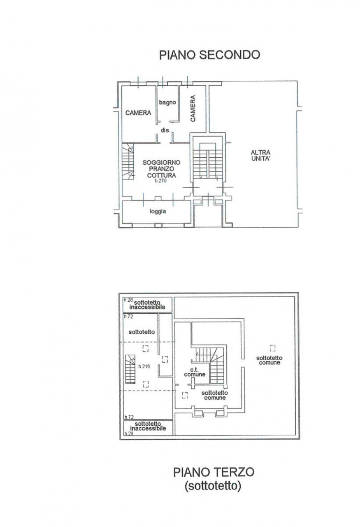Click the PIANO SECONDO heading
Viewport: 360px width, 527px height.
[209, 55]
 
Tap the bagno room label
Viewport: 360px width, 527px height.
[167, 103]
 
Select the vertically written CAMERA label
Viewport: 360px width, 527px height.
[193, 108]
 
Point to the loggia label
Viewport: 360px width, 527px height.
[158, 212]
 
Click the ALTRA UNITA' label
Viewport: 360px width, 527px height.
[260, 156]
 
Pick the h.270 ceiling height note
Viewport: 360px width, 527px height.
[160, 181]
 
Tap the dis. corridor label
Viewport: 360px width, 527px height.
[165, 130]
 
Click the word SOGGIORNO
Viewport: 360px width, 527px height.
[161, 162]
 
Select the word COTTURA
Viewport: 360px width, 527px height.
[161, 175]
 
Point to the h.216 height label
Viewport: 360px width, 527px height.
[144, 366]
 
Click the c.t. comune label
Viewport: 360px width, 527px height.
[195, 372]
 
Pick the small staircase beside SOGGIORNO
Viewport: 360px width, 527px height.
[128, 162]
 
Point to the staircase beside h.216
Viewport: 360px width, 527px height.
[130, 369]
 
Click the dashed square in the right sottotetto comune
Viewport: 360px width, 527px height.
[272, 348]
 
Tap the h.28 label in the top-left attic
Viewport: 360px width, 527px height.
[129, 300]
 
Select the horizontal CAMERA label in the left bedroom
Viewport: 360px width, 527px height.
[138, 113]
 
